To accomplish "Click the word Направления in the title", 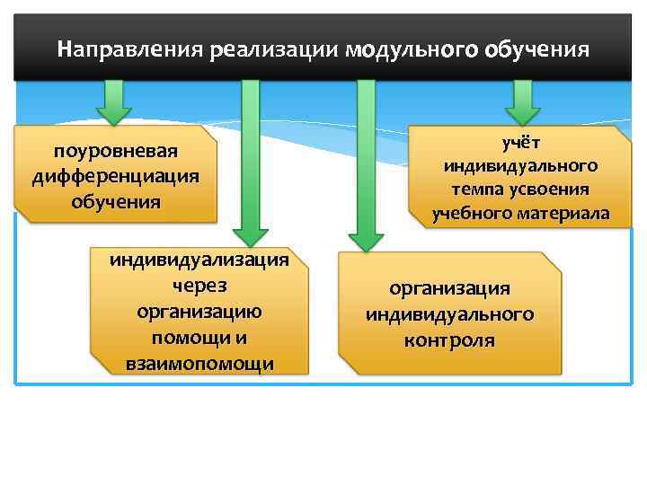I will [130, 48].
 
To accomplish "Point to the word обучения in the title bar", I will [537, 48].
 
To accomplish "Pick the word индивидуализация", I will [199, 260].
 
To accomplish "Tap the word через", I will [199, 286].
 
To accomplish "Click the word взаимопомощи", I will [199, 362].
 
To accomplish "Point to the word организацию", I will [199, 311].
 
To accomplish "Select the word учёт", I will [520, 144].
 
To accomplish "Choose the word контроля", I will [449, 340].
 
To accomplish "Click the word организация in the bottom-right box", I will [449, 288].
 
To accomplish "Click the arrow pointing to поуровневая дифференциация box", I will [114, 102].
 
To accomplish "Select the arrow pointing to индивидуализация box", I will [251, 162].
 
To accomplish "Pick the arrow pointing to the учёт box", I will [522, 102].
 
